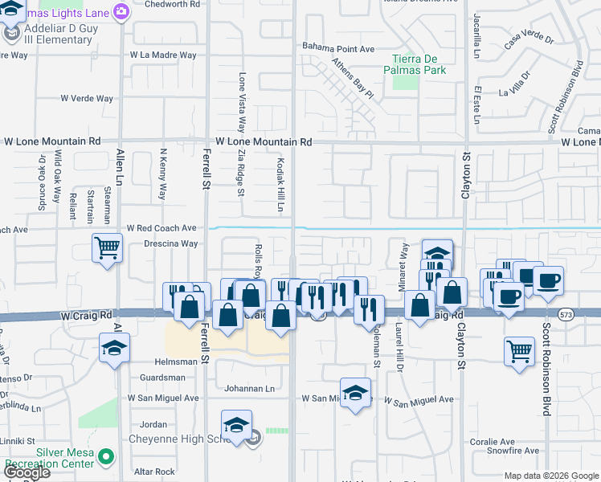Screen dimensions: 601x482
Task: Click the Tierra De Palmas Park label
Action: (x=418, y=64)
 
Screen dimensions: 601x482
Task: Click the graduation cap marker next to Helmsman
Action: (x=115, y=349)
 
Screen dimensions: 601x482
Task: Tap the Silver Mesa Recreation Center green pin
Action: (x=104, y=459)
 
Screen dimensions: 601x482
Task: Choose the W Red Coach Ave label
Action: (x=161, y=229)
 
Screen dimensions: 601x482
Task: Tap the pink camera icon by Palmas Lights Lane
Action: (x=121, y=11)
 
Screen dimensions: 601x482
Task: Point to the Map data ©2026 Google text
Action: (x=552, y=476)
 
